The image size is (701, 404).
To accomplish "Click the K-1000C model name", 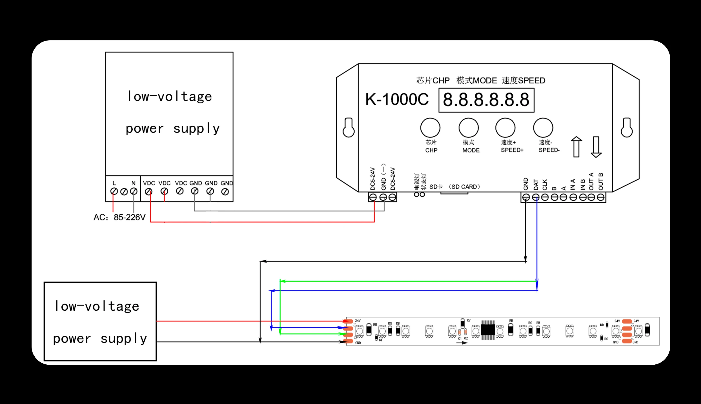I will (x=397, y=99).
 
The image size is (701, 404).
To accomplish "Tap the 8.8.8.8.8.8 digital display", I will (x=486, y=100).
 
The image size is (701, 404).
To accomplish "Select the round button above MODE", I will (x=468, y=128).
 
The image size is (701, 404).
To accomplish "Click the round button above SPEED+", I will (x=505, y=128).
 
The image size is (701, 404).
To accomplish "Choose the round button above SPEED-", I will (x=543, y=128).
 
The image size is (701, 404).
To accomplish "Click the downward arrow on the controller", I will (x=596, y=147).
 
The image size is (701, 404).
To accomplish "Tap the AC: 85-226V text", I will (x=119, y=217).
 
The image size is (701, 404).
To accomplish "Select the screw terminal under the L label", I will (x=114, y=191).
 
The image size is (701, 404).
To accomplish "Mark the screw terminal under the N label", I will (x=134, y=191).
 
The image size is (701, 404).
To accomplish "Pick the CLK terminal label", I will (x=545, y=185).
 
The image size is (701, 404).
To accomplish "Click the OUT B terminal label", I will (x=601, y=181).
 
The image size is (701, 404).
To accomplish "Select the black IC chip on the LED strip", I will (x=488, y=330).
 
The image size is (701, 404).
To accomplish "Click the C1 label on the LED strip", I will (x=460, y=338).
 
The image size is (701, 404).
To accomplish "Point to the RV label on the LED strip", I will (x=469, y=321).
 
